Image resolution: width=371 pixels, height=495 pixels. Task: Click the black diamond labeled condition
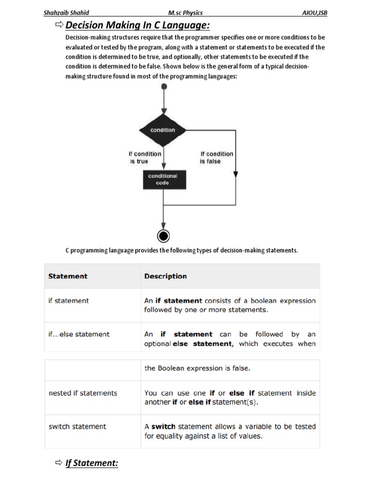click(163, 130)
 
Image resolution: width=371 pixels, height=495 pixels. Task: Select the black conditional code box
click(163, 179)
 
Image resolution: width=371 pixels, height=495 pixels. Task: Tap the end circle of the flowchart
click(163, 236)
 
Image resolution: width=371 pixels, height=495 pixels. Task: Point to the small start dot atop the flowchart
click(164, 86)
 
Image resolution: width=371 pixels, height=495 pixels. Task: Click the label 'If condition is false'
click(216, 158)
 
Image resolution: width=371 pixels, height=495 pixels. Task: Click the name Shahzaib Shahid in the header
click(66, 13)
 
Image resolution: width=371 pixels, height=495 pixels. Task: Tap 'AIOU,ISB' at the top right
click(314, 13)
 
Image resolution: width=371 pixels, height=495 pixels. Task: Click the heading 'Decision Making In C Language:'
click(138, 25)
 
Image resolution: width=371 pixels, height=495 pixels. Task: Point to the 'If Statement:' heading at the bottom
click(92, 463)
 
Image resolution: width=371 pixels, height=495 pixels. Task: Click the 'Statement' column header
click(68, 276)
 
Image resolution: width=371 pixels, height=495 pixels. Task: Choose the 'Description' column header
click(166, 276)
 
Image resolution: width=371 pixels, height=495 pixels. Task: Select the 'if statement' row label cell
click(69, 301)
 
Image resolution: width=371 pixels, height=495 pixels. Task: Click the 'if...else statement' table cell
click(79, 334)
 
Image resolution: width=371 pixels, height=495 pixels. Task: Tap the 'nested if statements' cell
click(83, 393)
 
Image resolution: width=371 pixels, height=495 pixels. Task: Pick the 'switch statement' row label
click(78, 426)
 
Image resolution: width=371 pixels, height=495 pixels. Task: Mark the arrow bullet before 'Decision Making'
click(59, 25)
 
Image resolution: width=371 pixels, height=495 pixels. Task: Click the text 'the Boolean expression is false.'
click(197, 368)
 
